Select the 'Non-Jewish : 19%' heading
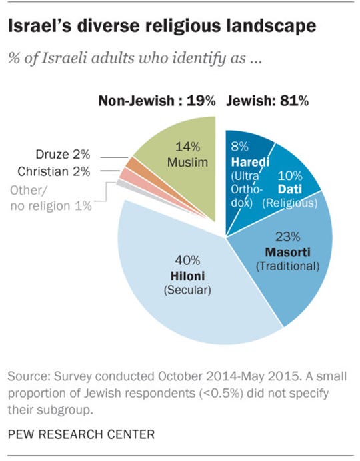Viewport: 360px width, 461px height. pyautogui.click(x=157, y=102)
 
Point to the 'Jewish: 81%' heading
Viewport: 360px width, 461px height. pyautogui.click(x=267, y=102)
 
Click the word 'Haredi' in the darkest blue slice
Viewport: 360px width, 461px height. pyautogui.click(x=246, y=163)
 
